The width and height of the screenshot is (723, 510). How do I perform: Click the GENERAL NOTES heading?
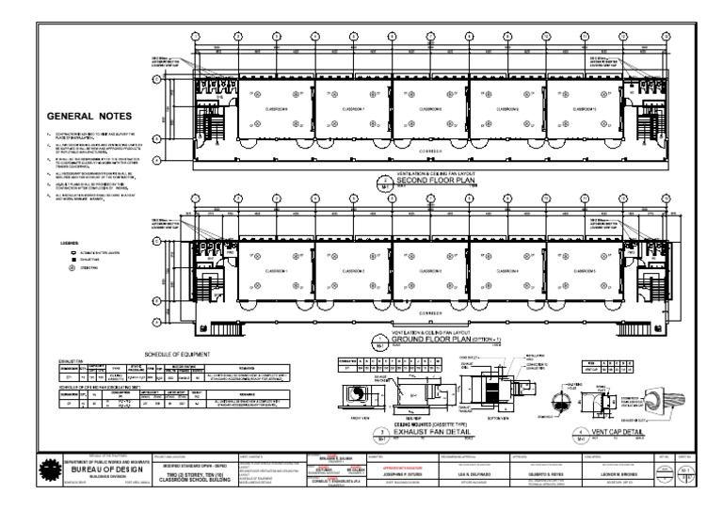tap(88, 116)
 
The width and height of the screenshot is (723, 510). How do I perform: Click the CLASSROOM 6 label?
tap(273, 108)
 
